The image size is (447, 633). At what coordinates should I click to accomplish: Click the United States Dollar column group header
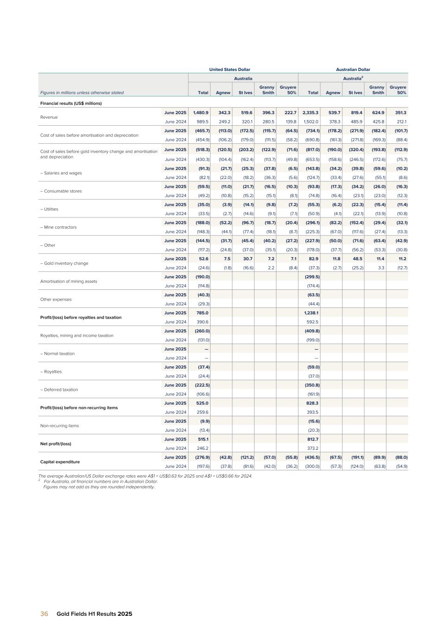(230, 70)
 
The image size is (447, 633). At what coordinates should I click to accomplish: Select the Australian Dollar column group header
(353, 70)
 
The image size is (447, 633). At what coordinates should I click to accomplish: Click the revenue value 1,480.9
(201, 113)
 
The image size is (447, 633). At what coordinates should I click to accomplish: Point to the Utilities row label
(50, 209)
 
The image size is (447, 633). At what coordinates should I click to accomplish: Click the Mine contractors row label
(58, 227)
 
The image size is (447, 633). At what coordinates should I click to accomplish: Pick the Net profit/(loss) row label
(56, 444)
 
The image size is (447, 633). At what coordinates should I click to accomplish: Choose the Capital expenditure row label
(60, 462)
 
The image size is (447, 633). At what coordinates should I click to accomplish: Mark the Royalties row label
(51, 371)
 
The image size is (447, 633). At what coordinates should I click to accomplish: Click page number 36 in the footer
(45, 614)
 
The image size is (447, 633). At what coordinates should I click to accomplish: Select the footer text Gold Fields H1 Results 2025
(94, 614)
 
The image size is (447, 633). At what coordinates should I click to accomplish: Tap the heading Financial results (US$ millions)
(71, 103)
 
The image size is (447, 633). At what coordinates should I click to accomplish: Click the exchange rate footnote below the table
(145, 476)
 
